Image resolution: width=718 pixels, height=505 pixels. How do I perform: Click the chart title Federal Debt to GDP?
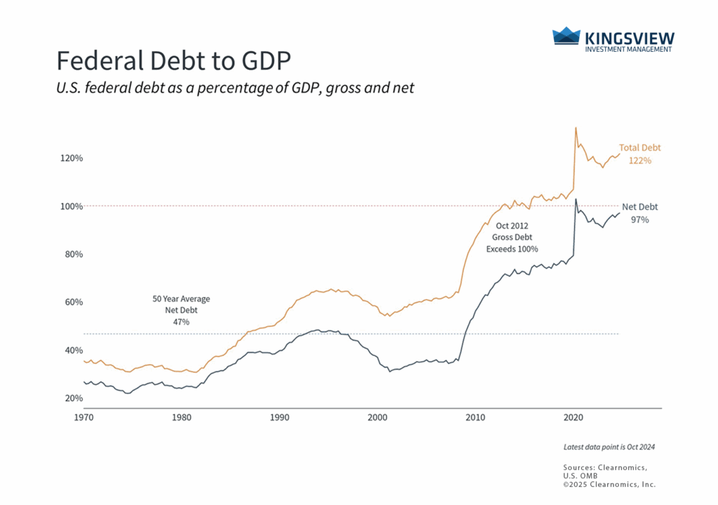click(172, 61)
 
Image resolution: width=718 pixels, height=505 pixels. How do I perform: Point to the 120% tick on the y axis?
click(72, 158)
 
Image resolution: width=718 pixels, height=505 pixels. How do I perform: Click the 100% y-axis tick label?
click(72, 207)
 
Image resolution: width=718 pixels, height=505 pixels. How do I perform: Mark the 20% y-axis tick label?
click(74, 398)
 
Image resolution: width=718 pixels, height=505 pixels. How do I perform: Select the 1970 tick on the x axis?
click(84, 417)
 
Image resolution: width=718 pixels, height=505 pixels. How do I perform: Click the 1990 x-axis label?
click(280, 417)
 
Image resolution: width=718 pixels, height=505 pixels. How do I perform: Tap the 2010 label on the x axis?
click(475, 417)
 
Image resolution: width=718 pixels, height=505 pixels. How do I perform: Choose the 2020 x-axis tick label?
click(574, 417)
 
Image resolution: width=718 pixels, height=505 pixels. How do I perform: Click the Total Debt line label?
click(639, 148)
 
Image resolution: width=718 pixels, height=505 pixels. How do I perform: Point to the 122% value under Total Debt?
click(639, 160)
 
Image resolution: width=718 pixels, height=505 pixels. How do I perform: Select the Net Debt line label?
click(639, 207)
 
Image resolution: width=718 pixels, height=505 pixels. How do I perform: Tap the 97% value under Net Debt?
click(639, 219)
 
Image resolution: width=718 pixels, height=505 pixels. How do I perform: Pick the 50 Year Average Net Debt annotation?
click(181, 310)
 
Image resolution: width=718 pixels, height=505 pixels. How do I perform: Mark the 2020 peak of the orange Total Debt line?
click(576, 127)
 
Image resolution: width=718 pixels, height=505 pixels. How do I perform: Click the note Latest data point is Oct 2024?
click(609, 447)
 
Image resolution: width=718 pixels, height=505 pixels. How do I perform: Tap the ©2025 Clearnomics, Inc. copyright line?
click(609, 484)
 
